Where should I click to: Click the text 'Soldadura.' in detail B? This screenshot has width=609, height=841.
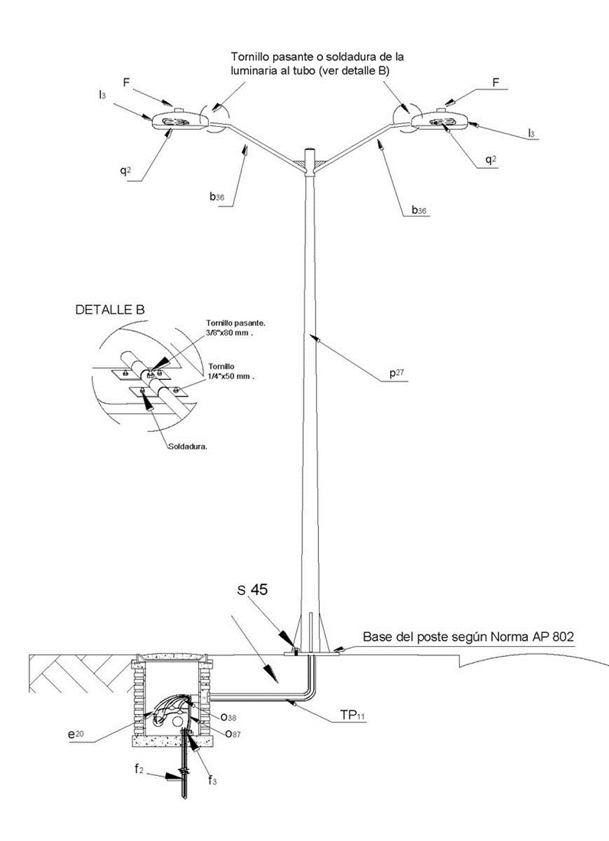[x=188, y=445]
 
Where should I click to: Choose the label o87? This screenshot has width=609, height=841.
[x=233, y=732]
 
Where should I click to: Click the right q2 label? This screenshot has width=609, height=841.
[x=490, y=161]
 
